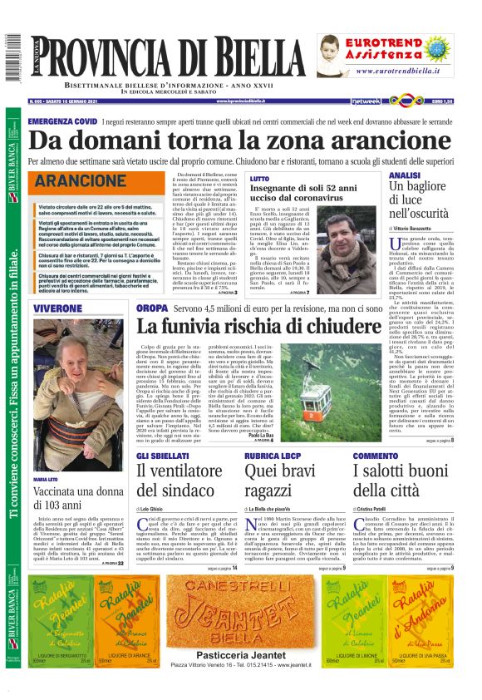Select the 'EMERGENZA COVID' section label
click(62, 121)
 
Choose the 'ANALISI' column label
click(405, 176)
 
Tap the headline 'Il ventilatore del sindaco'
click(175, 480)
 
